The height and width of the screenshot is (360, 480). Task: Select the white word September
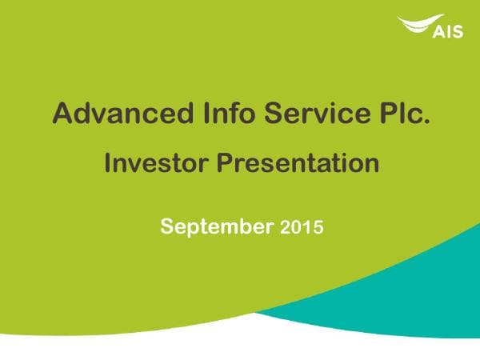point(217,226)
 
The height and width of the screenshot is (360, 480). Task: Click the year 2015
point(302,227)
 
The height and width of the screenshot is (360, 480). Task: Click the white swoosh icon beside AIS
point(417,25)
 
